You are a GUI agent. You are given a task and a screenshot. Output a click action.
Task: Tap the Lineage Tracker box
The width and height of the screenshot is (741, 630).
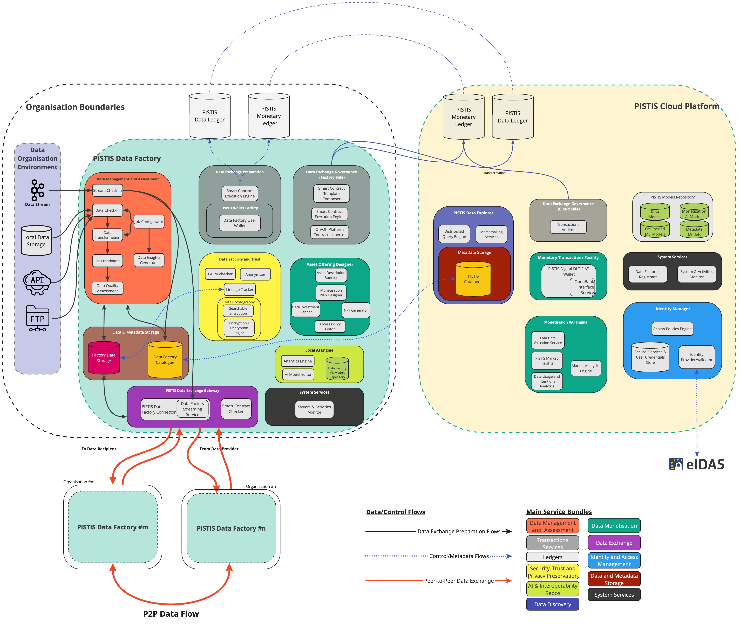240,289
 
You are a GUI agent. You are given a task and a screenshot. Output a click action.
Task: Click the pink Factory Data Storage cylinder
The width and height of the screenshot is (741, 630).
104,358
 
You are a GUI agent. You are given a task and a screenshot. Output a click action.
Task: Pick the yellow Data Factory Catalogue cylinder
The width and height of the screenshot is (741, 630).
165,359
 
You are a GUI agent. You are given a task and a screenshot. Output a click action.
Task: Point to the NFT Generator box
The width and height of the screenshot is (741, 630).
356,310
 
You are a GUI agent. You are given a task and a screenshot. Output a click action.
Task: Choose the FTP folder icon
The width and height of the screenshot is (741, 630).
37,318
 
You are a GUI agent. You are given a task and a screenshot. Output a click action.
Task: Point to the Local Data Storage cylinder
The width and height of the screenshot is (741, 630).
36,240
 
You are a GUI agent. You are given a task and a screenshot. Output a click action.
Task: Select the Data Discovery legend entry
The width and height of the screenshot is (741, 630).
552,604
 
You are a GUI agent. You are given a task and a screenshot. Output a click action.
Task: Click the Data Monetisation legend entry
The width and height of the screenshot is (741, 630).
614,525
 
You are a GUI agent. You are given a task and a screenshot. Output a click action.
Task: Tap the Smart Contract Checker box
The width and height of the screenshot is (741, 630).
236,409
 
